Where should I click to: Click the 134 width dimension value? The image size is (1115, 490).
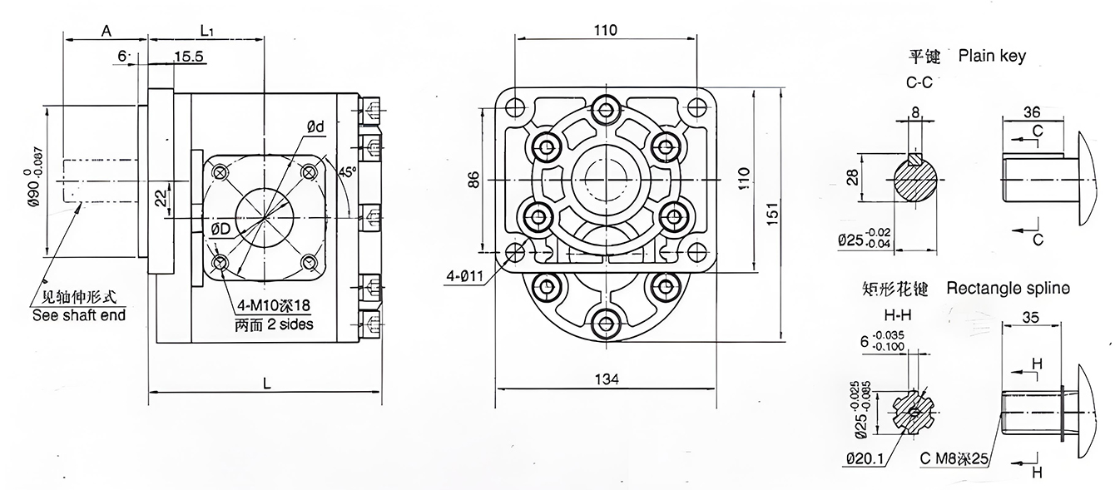(607, 379)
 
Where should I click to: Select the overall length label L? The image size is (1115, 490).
(265, 383)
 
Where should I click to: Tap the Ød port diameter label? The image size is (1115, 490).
(315, 126)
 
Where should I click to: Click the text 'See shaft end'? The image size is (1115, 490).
(79, 315)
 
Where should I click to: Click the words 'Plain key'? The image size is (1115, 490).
(992, 56)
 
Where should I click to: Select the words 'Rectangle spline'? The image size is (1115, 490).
(1008, 289)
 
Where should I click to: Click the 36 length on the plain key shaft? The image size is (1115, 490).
(1032, 112)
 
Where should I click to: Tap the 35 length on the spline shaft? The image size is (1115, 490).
(1031, 316)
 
